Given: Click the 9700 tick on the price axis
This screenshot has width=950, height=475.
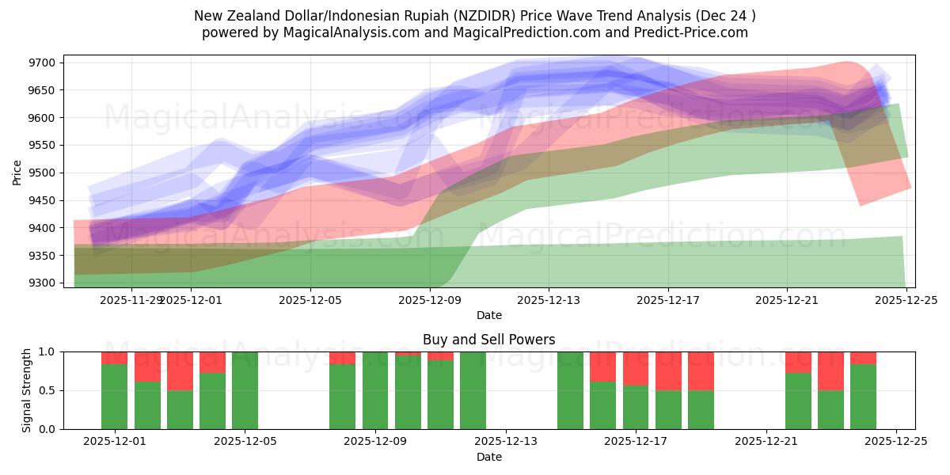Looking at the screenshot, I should [43, 63].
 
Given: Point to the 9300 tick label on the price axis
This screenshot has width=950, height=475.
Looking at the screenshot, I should [43, 283].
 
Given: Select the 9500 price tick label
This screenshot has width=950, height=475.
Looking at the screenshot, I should [43, 173].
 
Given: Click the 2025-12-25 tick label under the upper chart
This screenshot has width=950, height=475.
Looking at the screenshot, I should [906, 301].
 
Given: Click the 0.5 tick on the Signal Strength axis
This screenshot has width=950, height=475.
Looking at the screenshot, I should [47, 390].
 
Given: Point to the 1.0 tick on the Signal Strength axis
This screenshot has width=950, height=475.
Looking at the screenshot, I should [47, 351].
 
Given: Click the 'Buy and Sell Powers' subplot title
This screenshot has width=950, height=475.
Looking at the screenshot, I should [488, 340].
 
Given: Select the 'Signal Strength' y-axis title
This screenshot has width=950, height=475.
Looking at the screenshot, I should [27, 389].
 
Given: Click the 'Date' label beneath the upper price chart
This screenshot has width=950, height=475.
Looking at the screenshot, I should [488, 315].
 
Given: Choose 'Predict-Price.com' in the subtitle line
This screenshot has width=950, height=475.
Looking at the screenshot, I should [688, 32].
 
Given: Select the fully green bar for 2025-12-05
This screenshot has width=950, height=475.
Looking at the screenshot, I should [245, 390].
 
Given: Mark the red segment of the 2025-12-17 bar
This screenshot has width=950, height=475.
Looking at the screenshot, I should [636, 368].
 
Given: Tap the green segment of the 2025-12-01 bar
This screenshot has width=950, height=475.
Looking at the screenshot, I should [114, 396].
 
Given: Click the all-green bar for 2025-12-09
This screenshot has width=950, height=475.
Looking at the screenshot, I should [375, 390].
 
